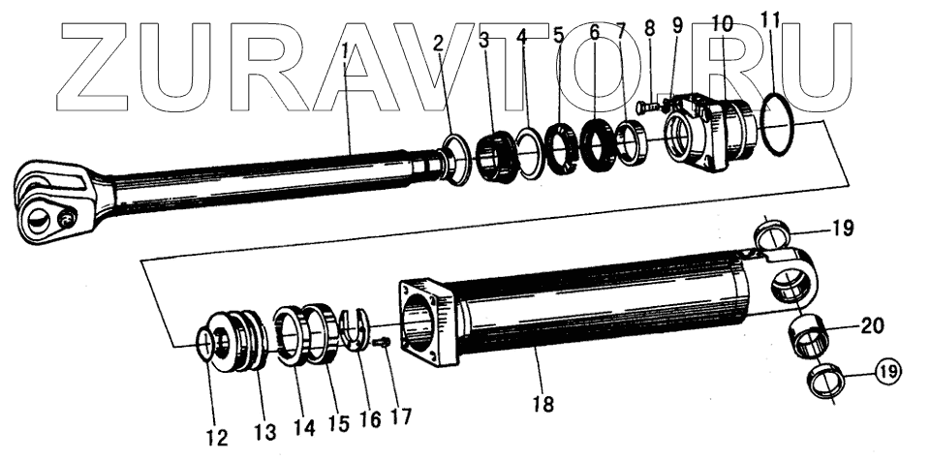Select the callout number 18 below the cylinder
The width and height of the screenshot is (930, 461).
[543, 404]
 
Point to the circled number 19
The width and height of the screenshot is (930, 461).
[888, 372]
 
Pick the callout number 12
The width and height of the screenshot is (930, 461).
[217, 438]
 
